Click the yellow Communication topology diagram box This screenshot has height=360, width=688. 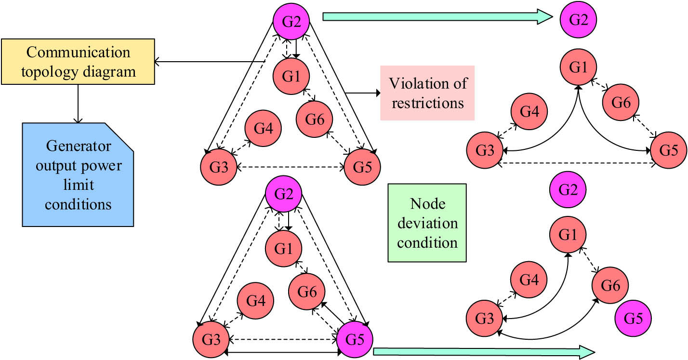pyautogui.click(x=78, y=63)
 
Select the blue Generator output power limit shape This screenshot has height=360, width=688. pyautogui.click(x=78, y=175)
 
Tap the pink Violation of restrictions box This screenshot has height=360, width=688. pyautogui.click(x=427, y=93)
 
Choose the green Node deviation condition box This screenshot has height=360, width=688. pyautogui.click(x=427, y=223)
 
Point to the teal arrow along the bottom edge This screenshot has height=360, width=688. pyautogui.click(x=482, y=352)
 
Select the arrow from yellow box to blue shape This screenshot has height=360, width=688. pyautogui.click(x=78, y=102)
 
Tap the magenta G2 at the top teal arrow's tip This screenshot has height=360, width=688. pyautogui.click(x=578, y=20)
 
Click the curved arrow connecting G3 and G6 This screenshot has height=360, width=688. pyautogui.click(x=544, y=334)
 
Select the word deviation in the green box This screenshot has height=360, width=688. pyautogui.click(x=427, y=223)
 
